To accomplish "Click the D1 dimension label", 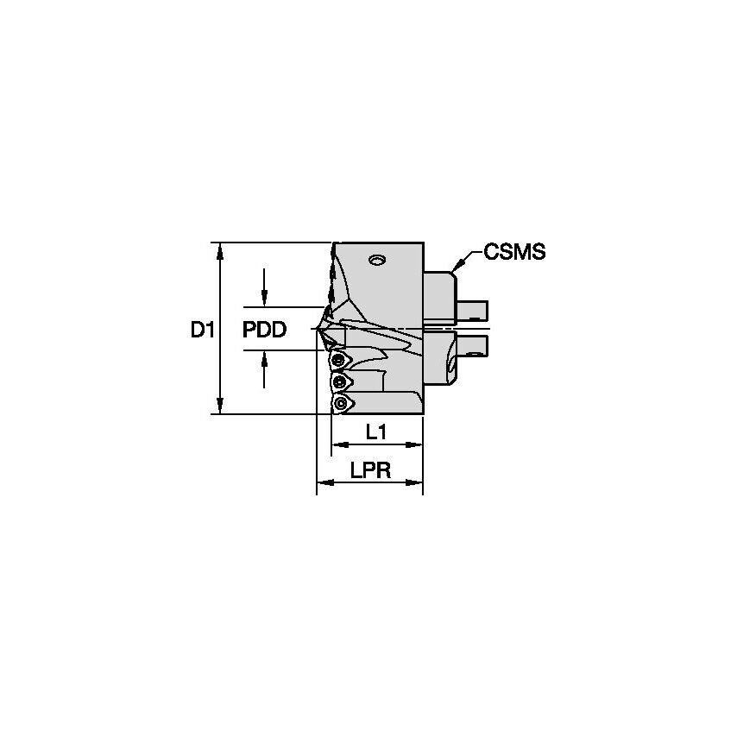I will click(201, 330).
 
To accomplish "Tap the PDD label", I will click(263, 330).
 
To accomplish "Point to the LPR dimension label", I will click(370, 470).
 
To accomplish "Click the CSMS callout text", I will click(514, 252).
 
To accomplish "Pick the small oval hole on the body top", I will click(376, 259).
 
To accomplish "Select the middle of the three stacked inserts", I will click(342, 381).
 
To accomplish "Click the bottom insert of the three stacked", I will click(343, 403).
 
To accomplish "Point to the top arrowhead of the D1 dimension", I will click(221, 250).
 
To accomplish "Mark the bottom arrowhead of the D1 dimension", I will click(221, 406).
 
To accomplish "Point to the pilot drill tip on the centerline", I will click(319, 329).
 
